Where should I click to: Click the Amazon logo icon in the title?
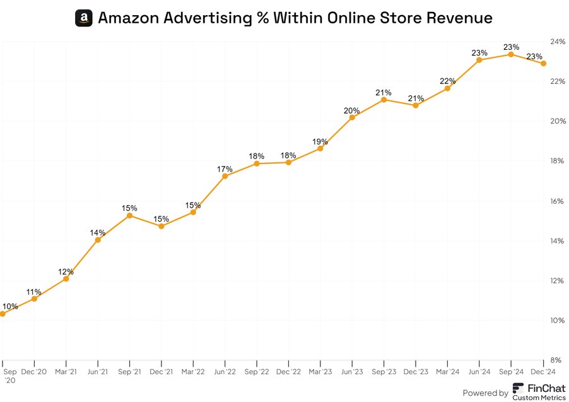pos(84,18)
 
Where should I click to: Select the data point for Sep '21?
pos(129,216)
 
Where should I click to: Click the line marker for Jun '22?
pos(225,176)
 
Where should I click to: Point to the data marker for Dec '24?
pos(543,63)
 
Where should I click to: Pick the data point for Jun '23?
pos(352,117)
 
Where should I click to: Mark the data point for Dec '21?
pos(161,226)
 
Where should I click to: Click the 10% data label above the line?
pos(11,306)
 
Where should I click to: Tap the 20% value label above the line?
pos(352,110)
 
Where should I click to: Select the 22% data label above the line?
pos(448,81)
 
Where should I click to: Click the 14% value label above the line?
pos(98,232)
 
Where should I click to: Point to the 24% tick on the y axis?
pos(558,42)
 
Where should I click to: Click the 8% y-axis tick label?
pos(558,360)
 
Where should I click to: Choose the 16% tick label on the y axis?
pos(558,201)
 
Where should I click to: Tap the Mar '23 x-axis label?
pos(320,372)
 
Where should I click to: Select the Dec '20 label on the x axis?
pos(34,372)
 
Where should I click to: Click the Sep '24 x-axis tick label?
pos(511,372)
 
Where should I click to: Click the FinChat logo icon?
pos(518,388)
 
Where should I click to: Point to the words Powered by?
pos(485,393)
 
